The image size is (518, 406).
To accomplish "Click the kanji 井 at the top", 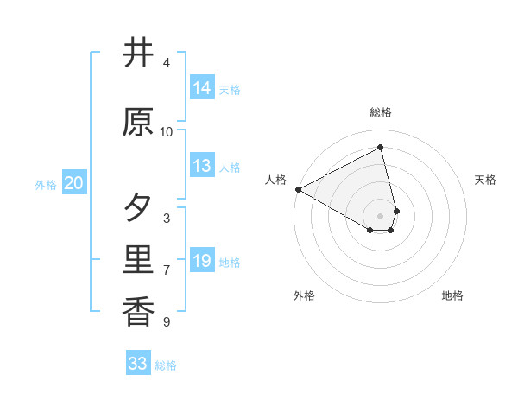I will point(139,54).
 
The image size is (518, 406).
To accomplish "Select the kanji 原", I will point(139,123).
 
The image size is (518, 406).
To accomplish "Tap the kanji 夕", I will point(139,208).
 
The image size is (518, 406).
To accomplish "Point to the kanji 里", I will point(139,260).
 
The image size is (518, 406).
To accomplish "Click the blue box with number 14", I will point(202,88).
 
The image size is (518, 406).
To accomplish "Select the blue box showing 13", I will point(202,166).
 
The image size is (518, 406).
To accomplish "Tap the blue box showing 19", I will point(202,261).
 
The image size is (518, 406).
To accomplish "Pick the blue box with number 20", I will point(74,183).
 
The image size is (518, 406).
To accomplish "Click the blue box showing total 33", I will point(138,364).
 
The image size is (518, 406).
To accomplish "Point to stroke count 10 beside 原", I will point(167,132).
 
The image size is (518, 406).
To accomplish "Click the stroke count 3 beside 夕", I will point(167,219).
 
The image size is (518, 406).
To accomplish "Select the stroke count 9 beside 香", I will point(167,322).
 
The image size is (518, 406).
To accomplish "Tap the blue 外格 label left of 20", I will point(46,184).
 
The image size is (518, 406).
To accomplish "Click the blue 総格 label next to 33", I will point(166,365).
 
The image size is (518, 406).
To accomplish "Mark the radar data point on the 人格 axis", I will point(298,188).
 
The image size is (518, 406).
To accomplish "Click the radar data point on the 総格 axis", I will point(381,147).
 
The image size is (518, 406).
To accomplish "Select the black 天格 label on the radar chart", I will point(485,180).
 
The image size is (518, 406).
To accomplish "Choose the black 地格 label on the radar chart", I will point(452,295).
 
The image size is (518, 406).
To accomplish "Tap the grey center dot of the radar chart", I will point(381,215).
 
